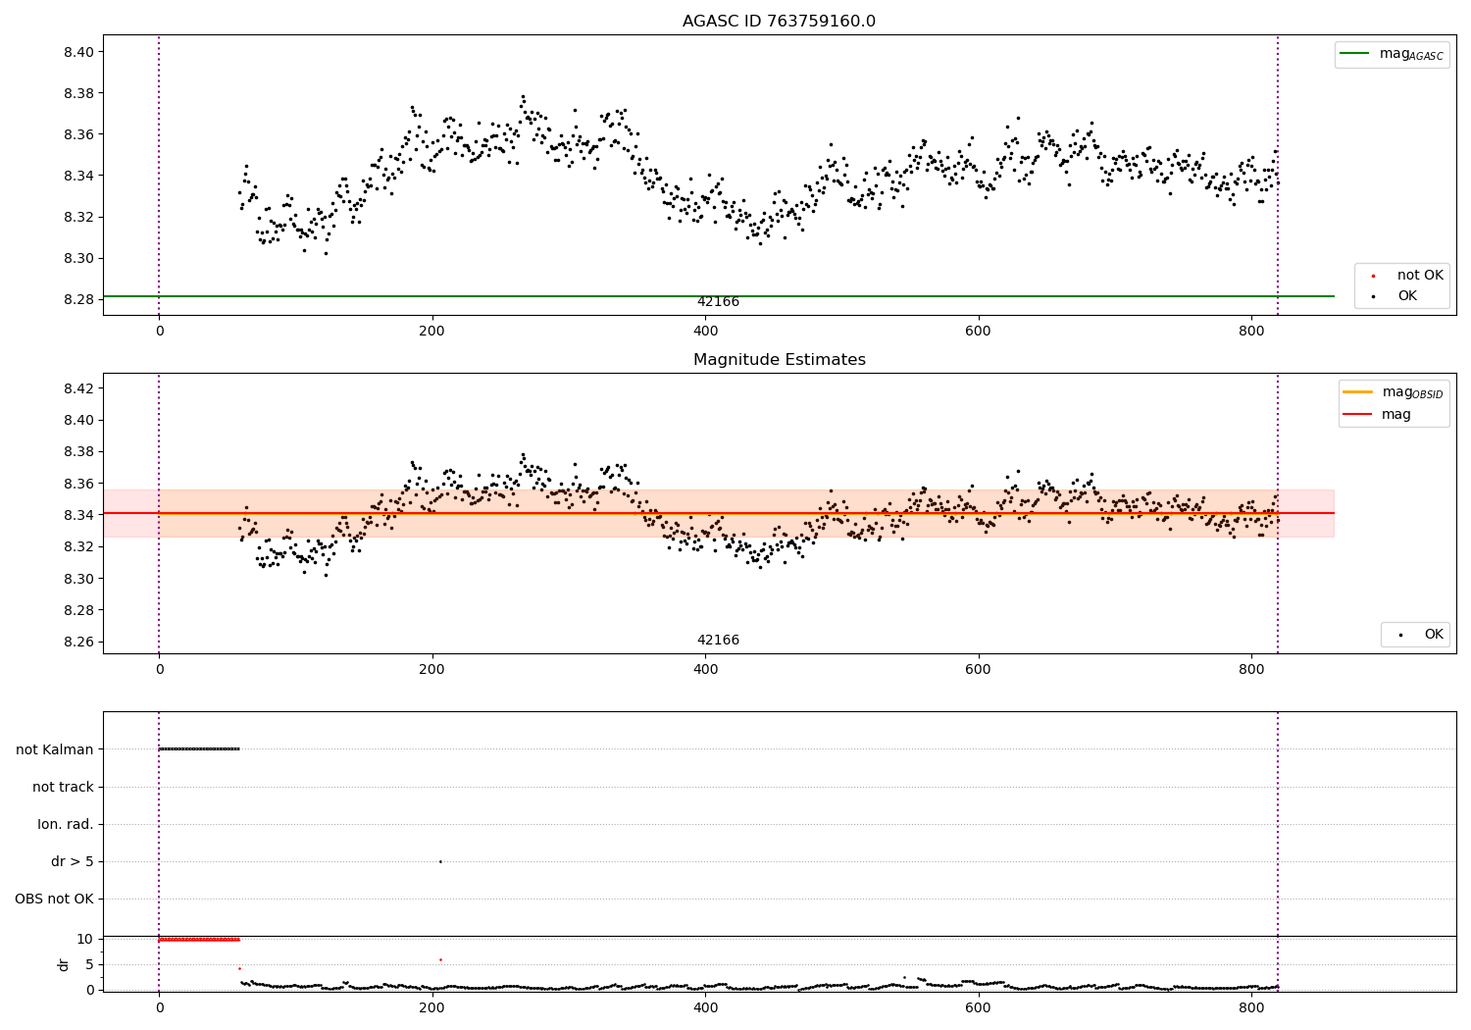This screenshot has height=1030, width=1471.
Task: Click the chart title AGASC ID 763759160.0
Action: [x=779, y=22]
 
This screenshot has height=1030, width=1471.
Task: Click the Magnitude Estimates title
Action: [x=779, y=360]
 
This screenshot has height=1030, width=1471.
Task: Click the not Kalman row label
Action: [x=55, y=749]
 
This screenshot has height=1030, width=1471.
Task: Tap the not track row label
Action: [x=63, y=787]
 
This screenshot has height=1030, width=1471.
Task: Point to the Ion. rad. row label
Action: [x=66, y=824]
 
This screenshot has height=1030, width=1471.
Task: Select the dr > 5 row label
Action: [x=73, y=861]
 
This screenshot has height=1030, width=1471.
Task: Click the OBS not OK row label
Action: [x=54, y=899]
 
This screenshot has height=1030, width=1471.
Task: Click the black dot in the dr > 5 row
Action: [x=440, y=861]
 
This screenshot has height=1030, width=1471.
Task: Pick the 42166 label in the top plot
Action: [x=718, y=302]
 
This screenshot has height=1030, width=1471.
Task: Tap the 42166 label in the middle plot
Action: [x=718, y=641]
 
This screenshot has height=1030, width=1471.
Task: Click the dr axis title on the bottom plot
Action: [x=64, y=964]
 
